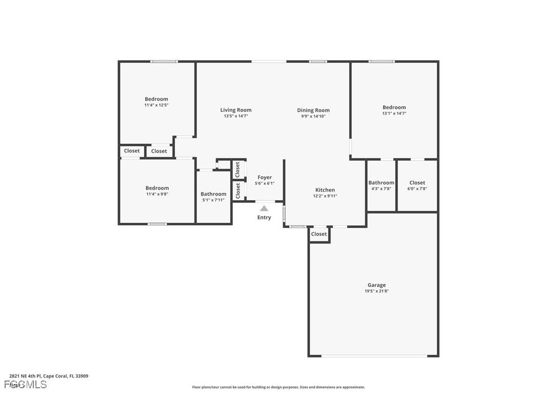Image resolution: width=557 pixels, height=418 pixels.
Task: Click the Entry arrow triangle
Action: point(264,208)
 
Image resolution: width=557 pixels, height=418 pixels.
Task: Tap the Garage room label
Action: point(376,285)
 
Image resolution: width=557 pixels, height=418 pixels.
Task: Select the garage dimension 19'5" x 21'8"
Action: point(376,291)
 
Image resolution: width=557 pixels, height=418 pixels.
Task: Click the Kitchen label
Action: point(325,190)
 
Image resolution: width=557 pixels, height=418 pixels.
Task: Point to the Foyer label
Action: point(265,178)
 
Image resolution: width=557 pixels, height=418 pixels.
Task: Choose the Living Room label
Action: point(236,110)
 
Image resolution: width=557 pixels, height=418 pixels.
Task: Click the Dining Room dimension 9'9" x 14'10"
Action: point(313,116)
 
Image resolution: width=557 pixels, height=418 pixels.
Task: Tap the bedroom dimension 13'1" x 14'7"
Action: point(394,113)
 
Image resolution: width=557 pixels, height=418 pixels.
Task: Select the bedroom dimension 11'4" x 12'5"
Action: point(156,105)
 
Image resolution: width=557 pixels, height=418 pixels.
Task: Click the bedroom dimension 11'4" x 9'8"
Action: point(157,194)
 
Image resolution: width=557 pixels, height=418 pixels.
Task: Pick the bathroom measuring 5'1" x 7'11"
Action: point(213,197)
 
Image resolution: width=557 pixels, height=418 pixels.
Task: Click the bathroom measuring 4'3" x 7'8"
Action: point(381,185)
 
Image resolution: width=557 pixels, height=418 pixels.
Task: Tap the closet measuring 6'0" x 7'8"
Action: point(417,185)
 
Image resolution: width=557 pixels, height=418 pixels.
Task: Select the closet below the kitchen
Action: point(319,234)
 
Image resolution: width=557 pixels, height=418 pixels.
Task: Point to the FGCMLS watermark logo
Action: point(26,385)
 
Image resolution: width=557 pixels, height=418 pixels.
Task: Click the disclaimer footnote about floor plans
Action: point(278,387)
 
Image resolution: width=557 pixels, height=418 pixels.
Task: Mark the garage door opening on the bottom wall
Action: point(373,355)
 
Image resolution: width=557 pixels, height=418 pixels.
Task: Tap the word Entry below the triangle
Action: point(264,218)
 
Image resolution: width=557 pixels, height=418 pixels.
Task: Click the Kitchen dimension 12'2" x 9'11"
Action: point(325,196)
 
